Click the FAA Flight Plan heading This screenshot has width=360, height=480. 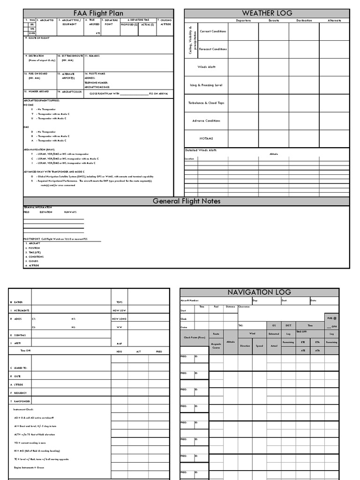pyautogui.click(x=98, y=13)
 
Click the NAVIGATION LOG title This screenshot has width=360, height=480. pyautogui.click(x=259, y=292)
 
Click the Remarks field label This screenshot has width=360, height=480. pyautogui.click(x=92, y=56)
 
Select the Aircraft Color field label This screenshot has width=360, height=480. pyautogui.click(x=70, y=92)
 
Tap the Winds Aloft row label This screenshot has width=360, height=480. pyautogui.click(x=206, y=67)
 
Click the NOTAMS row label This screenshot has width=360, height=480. pyautogui.click(x=206, y=139)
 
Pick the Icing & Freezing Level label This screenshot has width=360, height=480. pyautogui.click(x=206, y=85)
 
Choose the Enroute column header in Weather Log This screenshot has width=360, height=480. pyautogui.click(x=274, y=21)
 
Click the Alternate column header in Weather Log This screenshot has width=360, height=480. pyautogui.click(x=335, y=21)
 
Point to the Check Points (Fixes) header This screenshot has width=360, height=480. pyautogui.click(x=195, y=337)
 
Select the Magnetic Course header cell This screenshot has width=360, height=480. pyautogui.click(x=216, y=346)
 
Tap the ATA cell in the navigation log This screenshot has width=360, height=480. pyautogui.click(x=317, y=350)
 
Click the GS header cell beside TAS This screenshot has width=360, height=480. pyautogui.click(x=274, y=325)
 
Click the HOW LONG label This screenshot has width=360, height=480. pyautogui.click(x=119, y=319)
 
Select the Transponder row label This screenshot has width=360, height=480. pyautogui.click(x=21, y=401)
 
